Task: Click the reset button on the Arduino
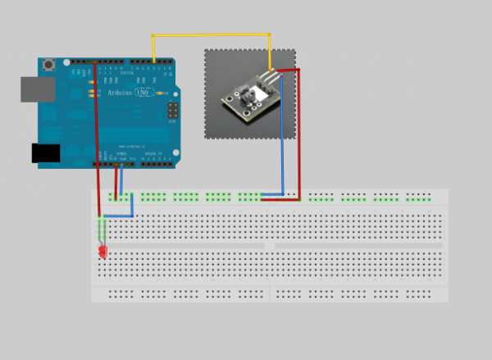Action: [x=51, y=64]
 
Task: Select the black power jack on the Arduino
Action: [x=46, y=153]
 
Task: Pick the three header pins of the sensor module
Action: [x=271, y=76]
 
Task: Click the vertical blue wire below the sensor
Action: [x=283, y=135]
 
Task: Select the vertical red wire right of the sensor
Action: [x=299, y=135]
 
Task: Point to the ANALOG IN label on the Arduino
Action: [x=153, y=154]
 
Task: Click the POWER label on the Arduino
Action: [x=121, y=153]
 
